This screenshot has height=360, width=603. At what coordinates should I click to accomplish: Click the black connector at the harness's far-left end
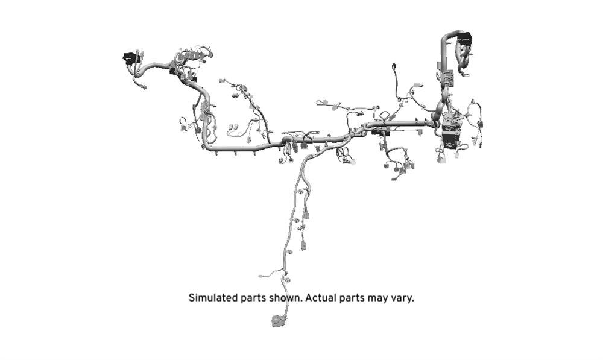coord(130,58)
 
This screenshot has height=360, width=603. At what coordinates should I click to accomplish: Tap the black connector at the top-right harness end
coord(464,37)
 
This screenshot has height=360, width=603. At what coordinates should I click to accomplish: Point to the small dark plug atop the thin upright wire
coord(394,66)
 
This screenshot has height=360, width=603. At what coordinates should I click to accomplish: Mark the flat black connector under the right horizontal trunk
coord(380,133)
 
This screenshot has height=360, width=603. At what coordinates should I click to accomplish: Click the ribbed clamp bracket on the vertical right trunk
coord(448,78)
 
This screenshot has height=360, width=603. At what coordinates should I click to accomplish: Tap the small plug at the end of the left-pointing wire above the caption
coord(261,276)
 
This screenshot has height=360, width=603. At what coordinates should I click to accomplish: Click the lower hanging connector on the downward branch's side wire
coord(303,245)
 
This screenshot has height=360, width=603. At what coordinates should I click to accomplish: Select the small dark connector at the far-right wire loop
coord(480,124)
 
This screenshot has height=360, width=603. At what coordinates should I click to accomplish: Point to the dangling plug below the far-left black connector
coord(143,87)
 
